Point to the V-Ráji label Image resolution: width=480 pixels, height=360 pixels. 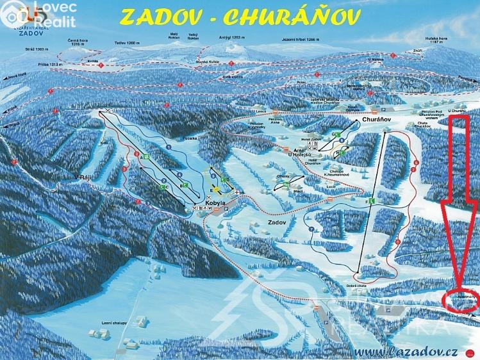click(x=83, y=178)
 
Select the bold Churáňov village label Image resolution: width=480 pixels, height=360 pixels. click(x=376, y=120)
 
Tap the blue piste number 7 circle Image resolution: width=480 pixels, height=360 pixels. click(x=311, y=229)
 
